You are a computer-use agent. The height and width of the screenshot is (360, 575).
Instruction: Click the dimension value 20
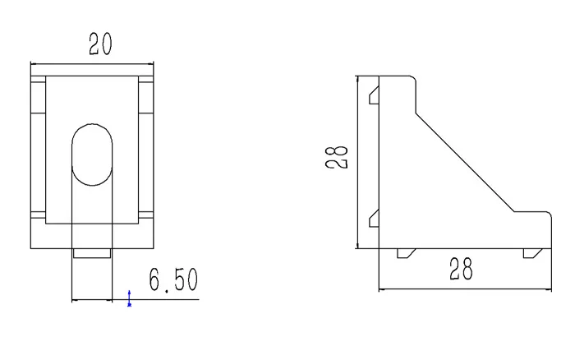(x=100, y=44)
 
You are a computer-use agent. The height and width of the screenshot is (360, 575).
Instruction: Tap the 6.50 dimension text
(x=173, y=280)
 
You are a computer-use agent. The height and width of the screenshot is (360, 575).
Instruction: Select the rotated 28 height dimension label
(x=336, y=157)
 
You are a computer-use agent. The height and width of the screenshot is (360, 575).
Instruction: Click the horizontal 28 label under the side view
(x=461, y=269)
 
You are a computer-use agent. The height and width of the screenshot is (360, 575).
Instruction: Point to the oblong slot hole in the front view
(x=92, y=155)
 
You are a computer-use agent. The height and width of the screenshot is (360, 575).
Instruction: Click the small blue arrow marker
(x=129, y=298)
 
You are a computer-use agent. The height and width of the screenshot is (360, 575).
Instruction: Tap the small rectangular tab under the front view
(x=92, y=253)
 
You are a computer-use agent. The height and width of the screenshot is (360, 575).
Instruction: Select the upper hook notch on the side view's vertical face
(x=374, y=95)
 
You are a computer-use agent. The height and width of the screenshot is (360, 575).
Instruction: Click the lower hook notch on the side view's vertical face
(x=374, y=219)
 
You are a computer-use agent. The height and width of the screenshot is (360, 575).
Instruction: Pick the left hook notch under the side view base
(x=407, y=253)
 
